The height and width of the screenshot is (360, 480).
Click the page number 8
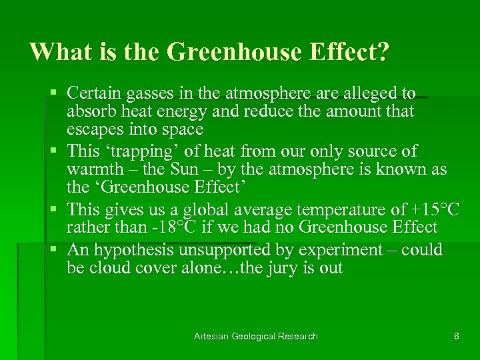[456, 336]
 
